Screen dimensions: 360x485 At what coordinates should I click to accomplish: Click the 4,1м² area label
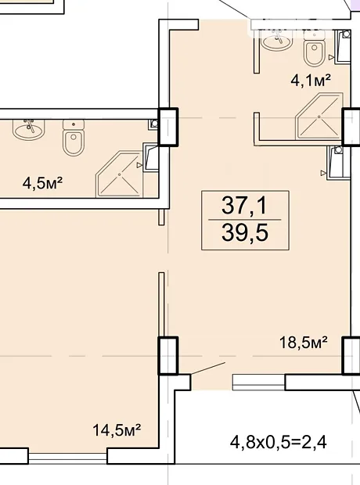pyautogui.click(x=311, y=81)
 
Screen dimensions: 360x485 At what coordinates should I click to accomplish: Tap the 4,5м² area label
pyautogui.click(x=42, y=183)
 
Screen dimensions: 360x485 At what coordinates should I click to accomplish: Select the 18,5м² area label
pyautogui.click(x=304, y=343)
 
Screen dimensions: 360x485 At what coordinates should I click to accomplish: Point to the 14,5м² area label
pyautogui.click(x=117, y=430)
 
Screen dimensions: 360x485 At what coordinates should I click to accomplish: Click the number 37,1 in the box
pyautogui.click(x=244, y=205)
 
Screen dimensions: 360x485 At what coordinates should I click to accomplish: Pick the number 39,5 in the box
pyautogui.click(x=244, y=232)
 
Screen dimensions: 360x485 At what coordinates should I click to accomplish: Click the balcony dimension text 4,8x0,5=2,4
pyautogui.click(x=279, y=443)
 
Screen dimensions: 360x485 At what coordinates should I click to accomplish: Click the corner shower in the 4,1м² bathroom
pyautogui.click(x=319, y=115)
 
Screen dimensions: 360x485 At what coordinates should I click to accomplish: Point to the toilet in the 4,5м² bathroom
pyautogui.click(x=74, y=138)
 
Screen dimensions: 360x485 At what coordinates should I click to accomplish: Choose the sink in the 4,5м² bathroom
pyautogui.click(x=28, y=130)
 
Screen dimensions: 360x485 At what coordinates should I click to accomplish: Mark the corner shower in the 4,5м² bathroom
pyautogui.click(x=120, y=174)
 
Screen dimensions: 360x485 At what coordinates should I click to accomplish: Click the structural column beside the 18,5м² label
pyautogui.click(x=351, y=356)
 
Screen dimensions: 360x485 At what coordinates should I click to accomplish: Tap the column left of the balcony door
pyautogui.click(x=168, y=356)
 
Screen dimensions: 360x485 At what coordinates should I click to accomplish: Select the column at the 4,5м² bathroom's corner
pyautogui.click(x=168, y=127)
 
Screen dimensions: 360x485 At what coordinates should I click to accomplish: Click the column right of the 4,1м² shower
pyautogui.click(x=351, y=127)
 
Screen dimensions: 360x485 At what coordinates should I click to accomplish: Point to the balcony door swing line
pyautogui.click(x=207, y=368)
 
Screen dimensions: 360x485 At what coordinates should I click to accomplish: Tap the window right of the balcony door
pyautogui.click(x=258, y=383)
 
